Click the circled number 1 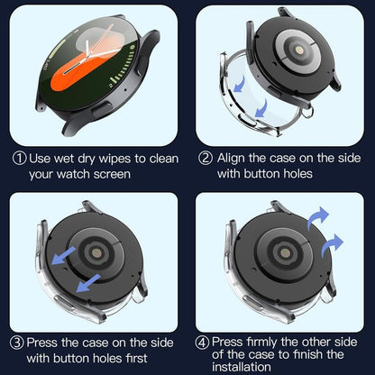pyautogui.click(x=19, y=158)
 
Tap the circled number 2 pyautogui.click(x=205, y=158)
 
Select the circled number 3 pyautogui.click(x=19, y=342)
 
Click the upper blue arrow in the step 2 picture pyautogui.click(x=242, y=83)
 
